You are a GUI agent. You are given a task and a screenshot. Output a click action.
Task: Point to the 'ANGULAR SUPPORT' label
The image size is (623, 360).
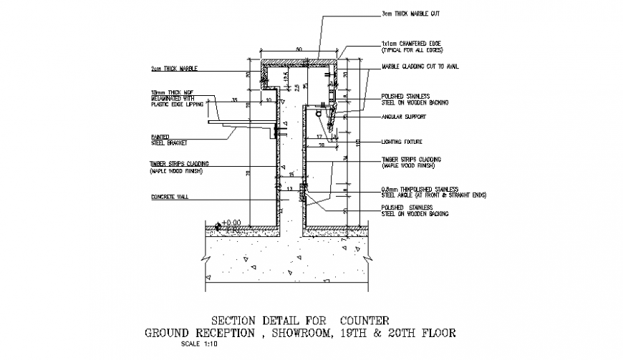(x=405, y=117)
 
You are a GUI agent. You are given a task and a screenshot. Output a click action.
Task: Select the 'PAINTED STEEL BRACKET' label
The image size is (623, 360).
(x=169, y=140)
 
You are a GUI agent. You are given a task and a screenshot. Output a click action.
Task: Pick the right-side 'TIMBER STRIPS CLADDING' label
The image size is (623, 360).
(x=411, y=162)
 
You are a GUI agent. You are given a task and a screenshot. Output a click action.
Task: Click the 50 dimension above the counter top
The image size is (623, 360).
(x=298, y=49)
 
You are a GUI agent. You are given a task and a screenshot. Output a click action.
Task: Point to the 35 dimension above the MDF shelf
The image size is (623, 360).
(x=234, y=99)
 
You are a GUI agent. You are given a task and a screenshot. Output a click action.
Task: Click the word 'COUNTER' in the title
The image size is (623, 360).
(x=360, y=320)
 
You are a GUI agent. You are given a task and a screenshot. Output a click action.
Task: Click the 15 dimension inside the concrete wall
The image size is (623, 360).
(x=291, y=174)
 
